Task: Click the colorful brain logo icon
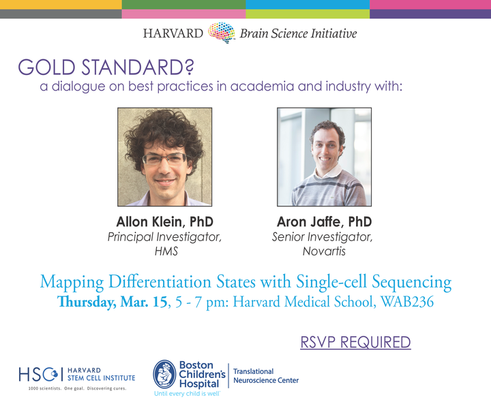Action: pyautogui.click(x=222, y=32)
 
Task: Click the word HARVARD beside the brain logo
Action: pyautogui.click(x=173, y=33)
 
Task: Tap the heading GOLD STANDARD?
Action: pyautogui.click(x=106, y=67)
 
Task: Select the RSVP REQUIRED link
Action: pyautogui.click(x=355, y=342)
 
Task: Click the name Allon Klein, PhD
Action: pyautogui.click(x=165, y=222)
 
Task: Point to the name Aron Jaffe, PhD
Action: pyautogui.click(x=324, y=222)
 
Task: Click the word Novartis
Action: pyautogui.click(x=324, y=251)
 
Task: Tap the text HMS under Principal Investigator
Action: pyautogui.click(x=166, y=251)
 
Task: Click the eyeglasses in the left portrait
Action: pyautogui.click(x=164, y=159)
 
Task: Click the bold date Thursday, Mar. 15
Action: pyautogui.click(x=112, y=302)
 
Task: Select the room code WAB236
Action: pyautogui.click(x=407, y=302)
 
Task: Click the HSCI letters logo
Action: pyautogui.click(x=38, y=374)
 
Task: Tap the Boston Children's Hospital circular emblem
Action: pyautogui.click(x=165, y=374)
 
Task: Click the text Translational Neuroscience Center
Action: pyautogui.click(x=266, y=376)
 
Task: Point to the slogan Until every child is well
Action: pyautogui.click(x=187, y=394)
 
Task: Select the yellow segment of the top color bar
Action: pyautogui.click(x=61, y=5)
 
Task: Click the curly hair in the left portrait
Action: pyautogui.click(x=164, y=131)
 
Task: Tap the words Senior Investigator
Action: pyautogui.click(x=322, y=237)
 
